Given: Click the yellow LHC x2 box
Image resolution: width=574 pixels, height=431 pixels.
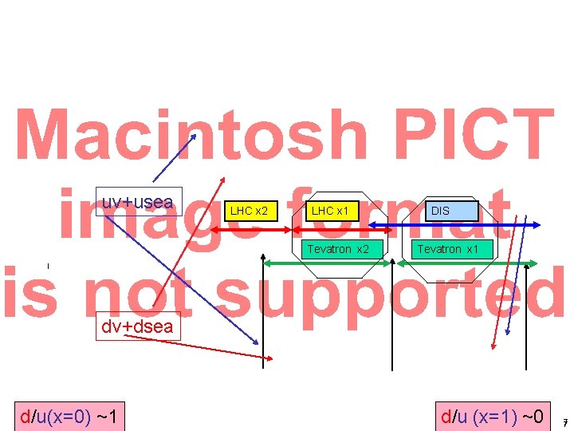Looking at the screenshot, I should click(249, 211).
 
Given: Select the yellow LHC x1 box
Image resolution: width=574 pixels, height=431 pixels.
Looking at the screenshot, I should click(329, 211).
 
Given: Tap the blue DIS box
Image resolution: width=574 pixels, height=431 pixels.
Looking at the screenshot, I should click(440, 212).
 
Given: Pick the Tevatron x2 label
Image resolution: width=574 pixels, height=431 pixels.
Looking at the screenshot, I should click(338, 249).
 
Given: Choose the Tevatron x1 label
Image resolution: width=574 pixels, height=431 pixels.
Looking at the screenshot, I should click(449, 249).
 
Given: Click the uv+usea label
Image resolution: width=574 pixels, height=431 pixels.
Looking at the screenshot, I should click(139, 202).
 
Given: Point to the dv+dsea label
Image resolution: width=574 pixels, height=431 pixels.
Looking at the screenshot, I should click(136, 326).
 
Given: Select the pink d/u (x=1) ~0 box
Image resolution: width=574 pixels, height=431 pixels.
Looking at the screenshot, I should click(493, 416).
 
